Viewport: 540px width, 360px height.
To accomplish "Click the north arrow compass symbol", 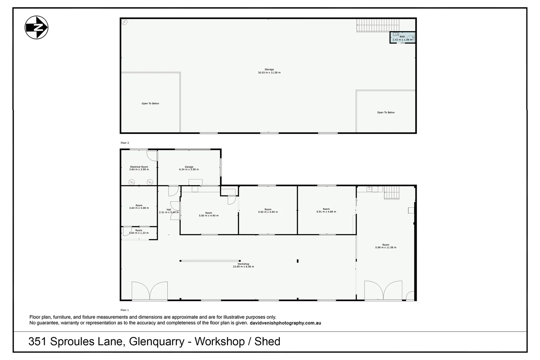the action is tap(36, 27).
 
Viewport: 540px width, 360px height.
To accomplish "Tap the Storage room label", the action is tap(269, 71).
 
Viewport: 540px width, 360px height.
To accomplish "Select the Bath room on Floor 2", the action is tap(402, 37).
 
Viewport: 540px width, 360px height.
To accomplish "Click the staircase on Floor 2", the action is tap(378, 25).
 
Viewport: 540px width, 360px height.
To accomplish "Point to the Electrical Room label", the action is tap(139, 168).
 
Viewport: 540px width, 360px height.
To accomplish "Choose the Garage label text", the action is tap(189, 168).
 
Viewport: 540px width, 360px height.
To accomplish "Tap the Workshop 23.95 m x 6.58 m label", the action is tap(243, 265).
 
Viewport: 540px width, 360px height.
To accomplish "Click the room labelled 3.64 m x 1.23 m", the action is tap(139, 233).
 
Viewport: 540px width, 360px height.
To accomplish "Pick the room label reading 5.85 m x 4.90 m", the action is tap(209, 214).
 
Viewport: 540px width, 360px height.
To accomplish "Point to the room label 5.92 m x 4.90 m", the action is tap(268, 211).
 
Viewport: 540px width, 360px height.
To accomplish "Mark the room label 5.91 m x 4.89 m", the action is tap(326, 210).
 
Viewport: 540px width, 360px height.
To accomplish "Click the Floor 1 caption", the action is tap(125, 310).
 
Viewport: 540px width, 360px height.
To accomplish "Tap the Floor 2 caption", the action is tap(125, 143).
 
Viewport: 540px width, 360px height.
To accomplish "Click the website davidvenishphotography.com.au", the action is tap(285, 323).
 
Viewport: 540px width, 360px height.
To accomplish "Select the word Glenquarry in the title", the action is tap(157, 341).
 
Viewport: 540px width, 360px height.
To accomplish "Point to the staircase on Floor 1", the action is tap(391, 193).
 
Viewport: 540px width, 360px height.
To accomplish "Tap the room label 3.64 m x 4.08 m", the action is tap(139, 207).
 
